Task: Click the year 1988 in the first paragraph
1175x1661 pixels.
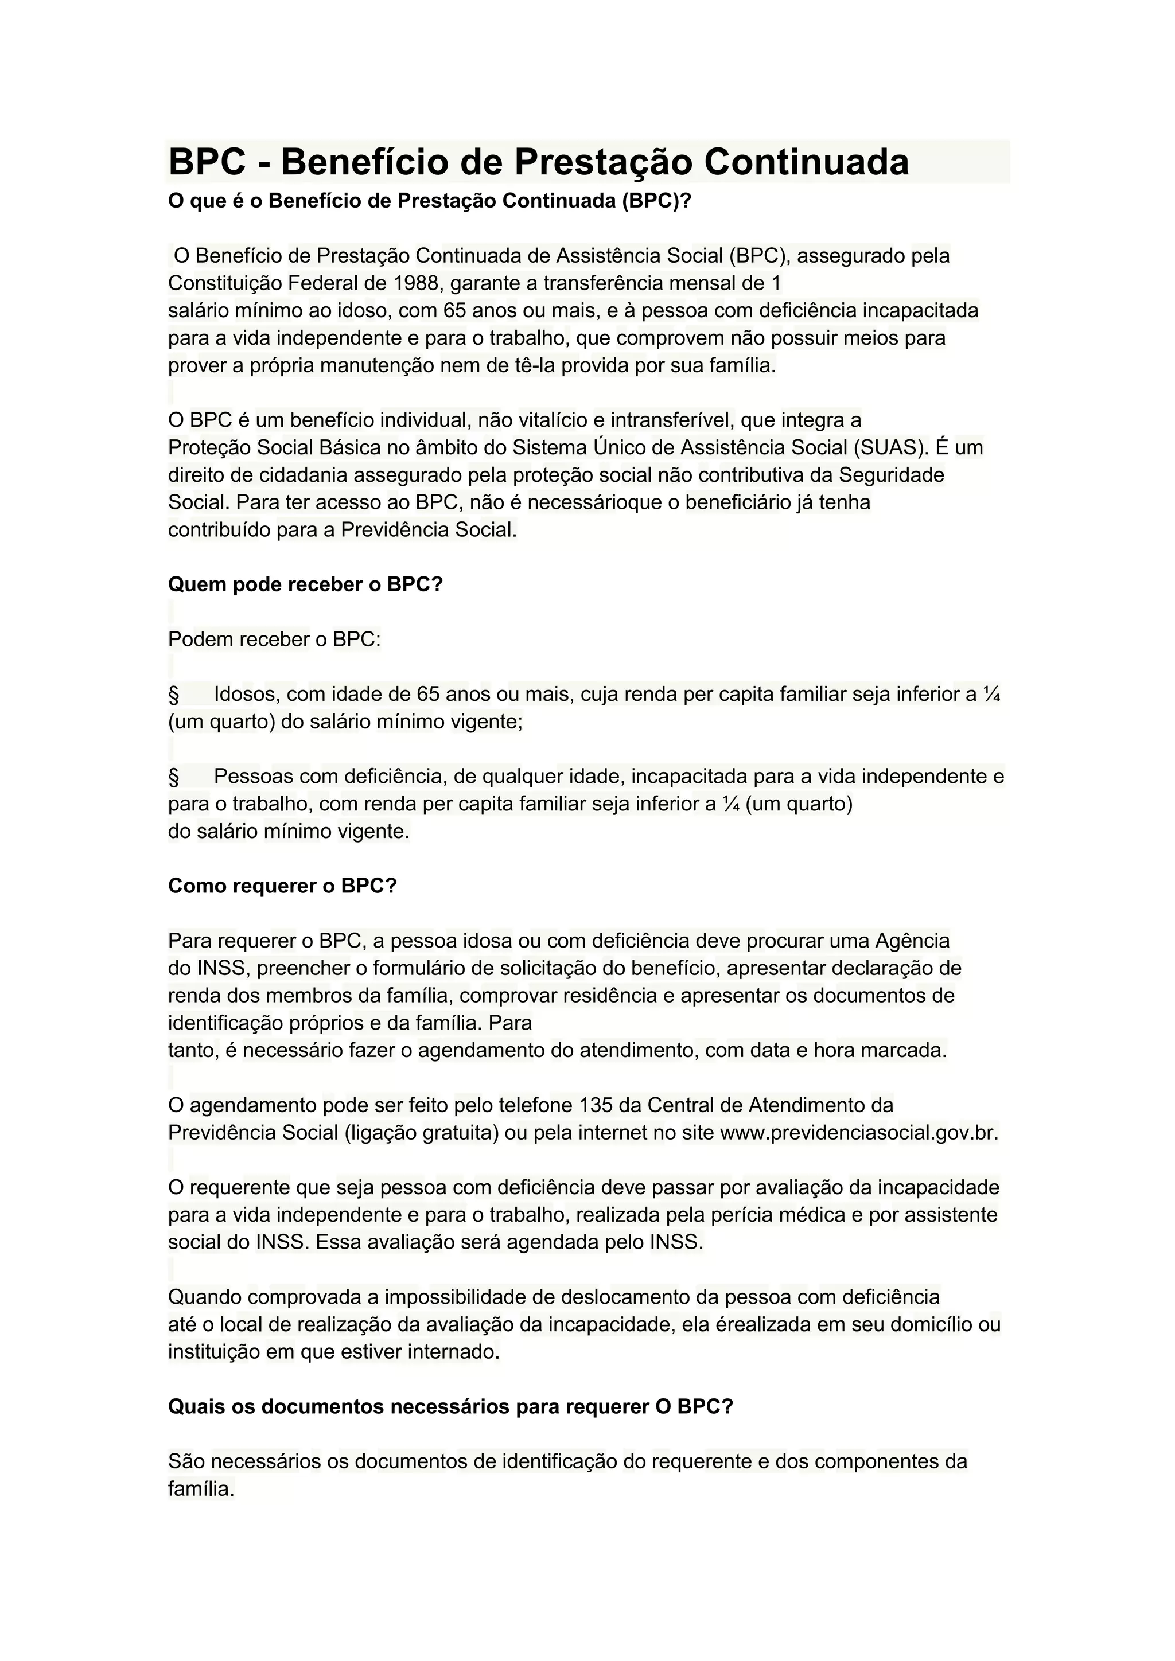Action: (416, 283)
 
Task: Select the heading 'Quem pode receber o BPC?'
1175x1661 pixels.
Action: (305, 584)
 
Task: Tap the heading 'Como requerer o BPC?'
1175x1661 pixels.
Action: (282, 886)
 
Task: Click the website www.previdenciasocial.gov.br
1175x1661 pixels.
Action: (859, 1133)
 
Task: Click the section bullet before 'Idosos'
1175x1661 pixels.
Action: (174, 695)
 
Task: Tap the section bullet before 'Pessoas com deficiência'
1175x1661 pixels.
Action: (174, 777)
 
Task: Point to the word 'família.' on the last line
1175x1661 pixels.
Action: (201, 1490)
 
